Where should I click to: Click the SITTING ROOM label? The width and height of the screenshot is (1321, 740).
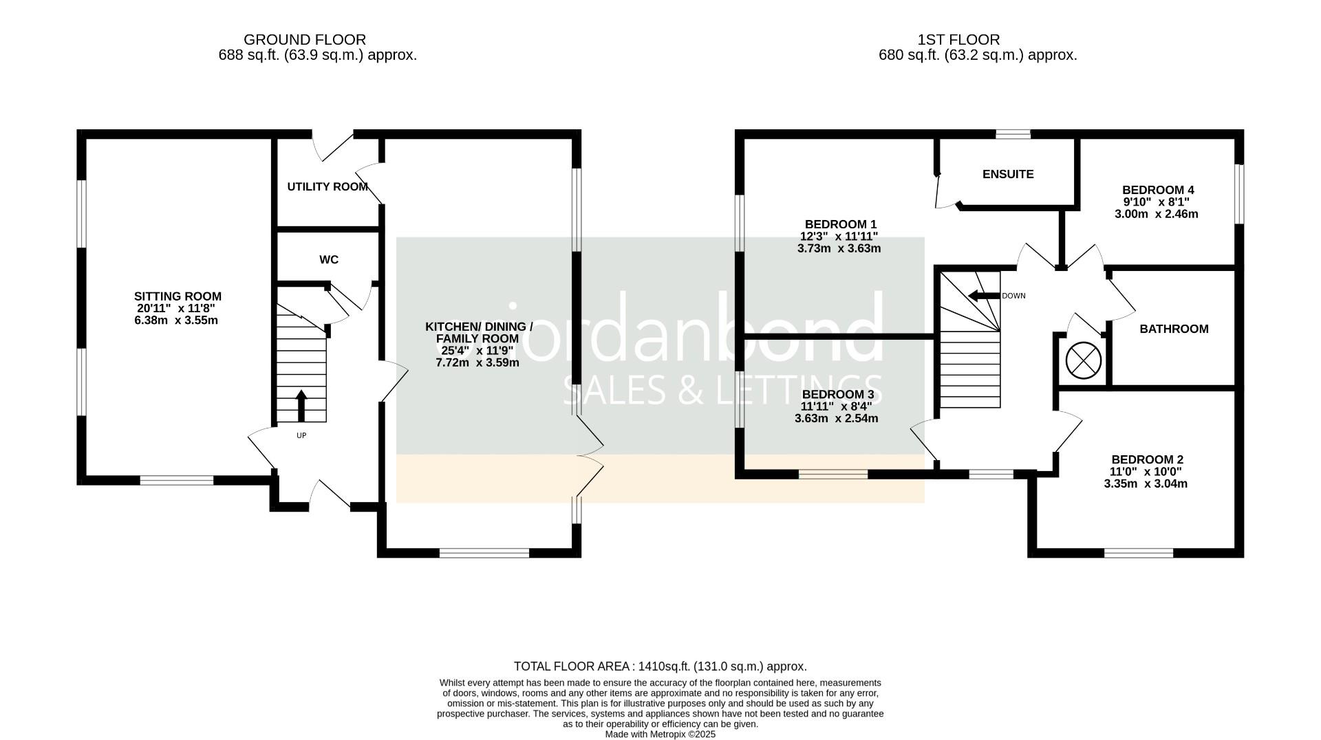[x=178, y=296]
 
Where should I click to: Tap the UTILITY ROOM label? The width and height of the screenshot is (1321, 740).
[x=327, y=187]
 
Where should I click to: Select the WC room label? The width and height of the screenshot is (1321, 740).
[x=329, y=260]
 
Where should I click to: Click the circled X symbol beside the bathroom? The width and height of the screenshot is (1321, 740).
[x=1083, y=360]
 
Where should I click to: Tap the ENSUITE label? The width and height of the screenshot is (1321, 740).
[x=1007, y=175]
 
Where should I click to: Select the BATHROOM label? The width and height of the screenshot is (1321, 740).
[x=1174, y=329]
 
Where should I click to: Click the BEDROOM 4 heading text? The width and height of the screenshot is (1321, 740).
[x=1158, y=191]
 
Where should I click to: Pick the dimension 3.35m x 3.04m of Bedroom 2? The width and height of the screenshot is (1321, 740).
[x=1146, y=484]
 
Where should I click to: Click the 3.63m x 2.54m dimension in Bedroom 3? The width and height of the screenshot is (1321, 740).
[x=836, y=419]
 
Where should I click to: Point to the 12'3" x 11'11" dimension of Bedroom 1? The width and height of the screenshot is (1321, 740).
[x=839, y=237]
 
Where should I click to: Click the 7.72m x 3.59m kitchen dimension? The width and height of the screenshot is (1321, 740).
[x=477, y=362]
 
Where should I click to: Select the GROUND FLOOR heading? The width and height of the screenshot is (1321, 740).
[x=305, y=40]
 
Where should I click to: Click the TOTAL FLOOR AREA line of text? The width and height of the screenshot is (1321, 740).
[x=660, y=666]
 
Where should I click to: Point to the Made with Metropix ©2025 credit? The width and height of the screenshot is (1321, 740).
[x=660, y=734]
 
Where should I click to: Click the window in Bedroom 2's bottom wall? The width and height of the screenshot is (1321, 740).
[x=1139, y=553]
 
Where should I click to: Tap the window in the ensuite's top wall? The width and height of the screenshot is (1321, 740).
[x=1013, y=134]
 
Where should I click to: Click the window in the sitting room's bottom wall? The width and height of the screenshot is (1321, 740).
[x=177, y=480]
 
